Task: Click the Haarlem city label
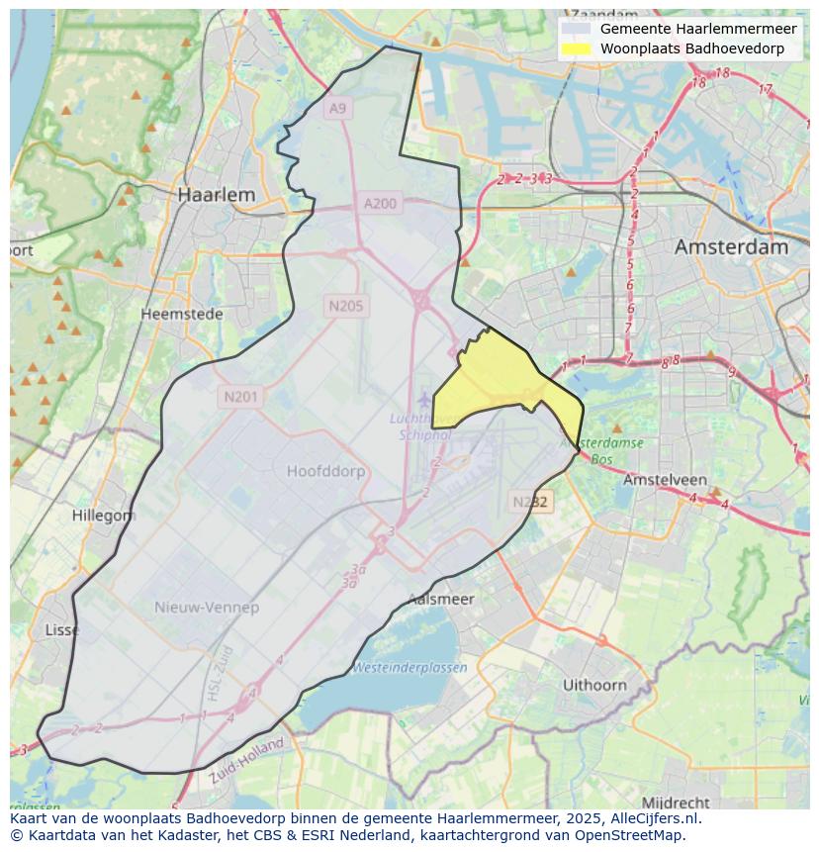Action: point(216,195)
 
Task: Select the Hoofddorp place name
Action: point(325,472)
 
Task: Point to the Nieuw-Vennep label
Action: point(207,608)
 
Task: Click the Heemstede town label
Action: point(181,314)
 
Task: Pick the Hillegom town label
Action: point(103,516)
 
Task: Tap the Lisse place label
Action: point(62,630)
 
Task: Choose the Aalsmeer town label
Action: point(441,599)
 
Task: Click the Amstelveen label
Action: point(664,480)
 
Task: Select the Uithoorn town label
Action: point(594,685)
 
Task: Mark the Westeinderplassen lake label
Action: point(410,668)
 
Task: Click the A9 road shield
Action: point(338,108)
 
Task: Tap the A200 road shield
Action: point(380,204)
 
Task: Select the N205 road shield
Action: point(345,306)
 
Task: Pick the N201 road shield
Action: point(240,397)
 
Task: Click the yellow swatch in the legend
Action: point(576,48)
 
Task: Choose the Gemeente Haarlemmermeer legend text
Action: point(698,29)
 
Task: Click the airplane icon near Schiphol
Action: point(424,399)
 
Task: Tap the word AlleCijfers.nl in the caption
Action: point(652,818)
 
